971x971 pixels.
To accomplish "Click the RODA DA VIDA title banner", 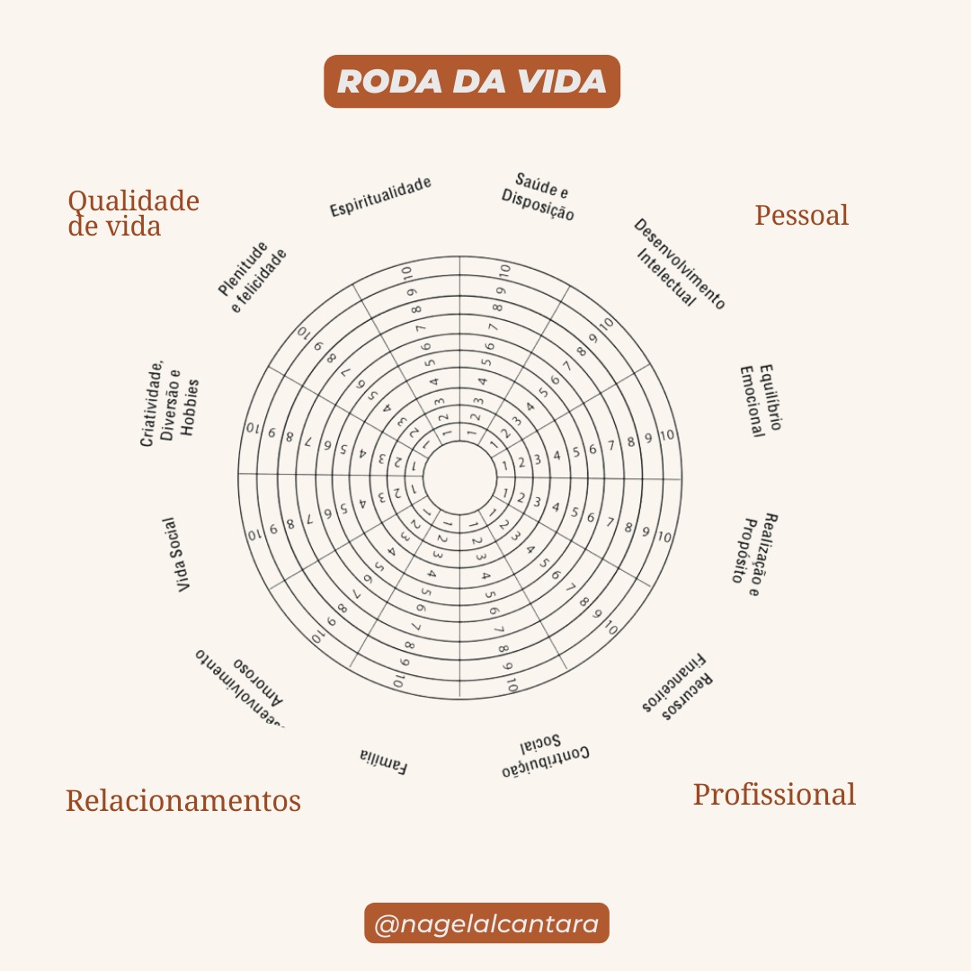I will [471, 82].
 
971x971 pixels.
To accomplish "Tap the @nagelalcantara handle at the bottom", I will [486, 923].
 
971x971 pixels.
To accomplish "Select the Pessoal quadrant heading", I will [801, 216].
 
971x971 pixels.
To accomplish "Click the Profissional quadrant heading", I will [773, 795].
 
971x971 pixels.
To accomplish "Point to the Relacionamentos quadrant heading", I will [183, 800].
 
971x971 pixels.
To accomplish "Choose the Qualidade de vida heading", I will [133, 213].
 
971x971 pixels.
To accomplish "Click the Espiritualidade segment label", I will [380, 197].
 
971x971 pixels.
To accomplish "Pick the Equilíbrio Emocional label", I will [761, 400].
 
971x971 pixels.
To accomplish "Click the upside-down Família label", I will [384, 761].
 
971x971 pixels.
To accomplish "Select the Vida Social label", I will [185, 554].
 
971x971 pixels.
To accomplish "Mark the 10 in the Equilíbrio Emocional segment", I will [666, 436].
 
